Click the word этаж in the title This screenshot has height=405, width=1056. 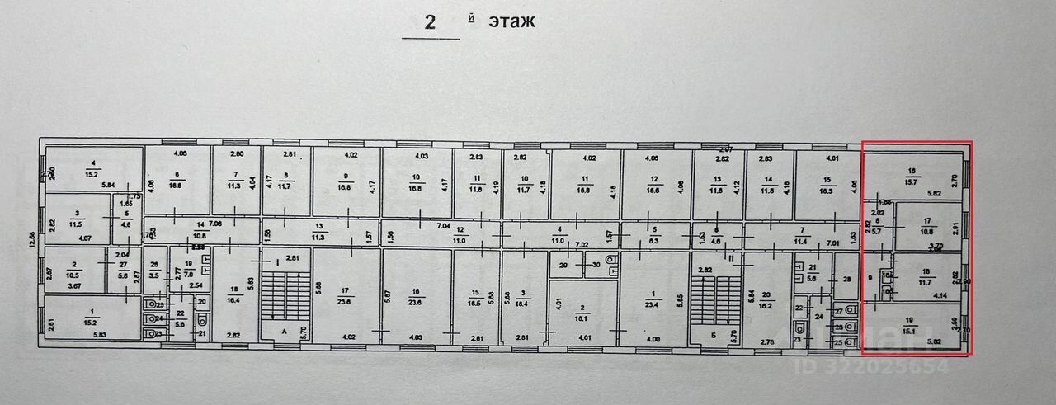coord(511,21)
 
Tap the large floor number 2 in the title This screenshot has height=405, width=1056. coord(430,22)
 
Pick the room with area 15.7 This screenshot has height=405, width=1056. coord(912,176)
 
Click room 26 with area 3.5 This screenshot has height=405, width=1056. coord(154,268)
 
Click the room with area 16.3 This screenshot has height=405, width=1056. coord(826,185)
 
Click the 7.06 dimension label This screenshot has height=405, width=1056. coord(215,224)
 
